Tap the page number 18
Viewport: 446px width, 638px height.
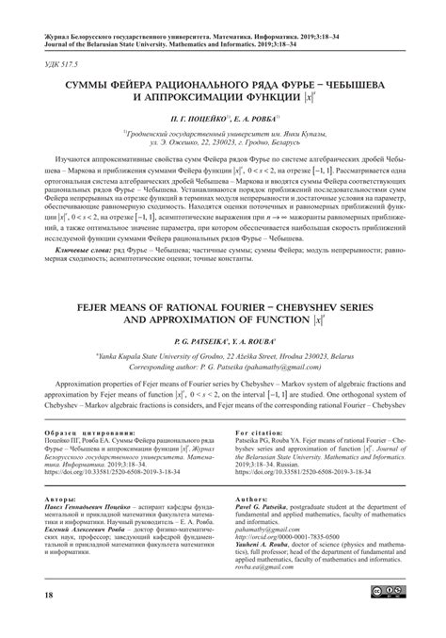point(37,596)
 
